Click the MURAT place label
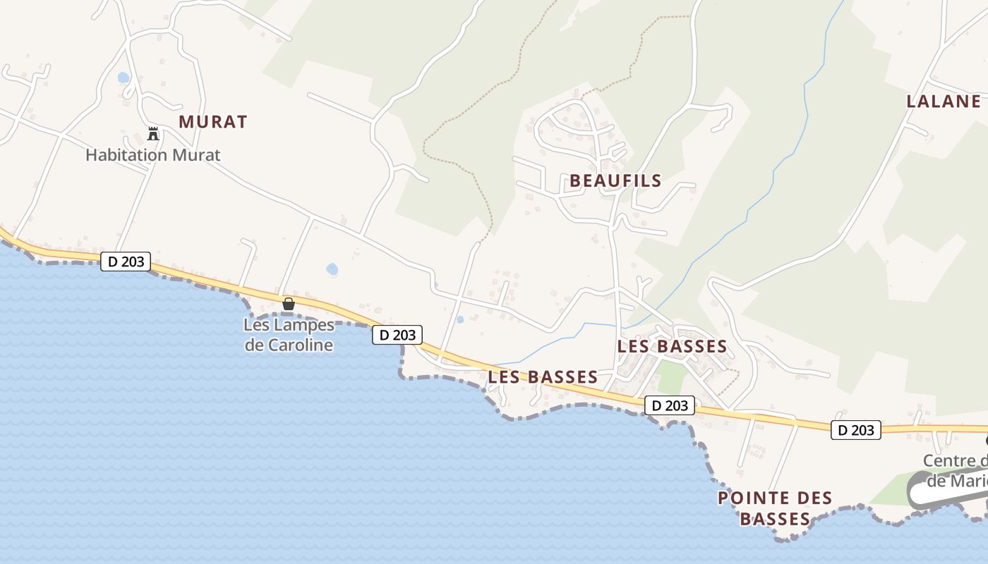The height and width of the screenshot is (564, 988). coord(212,122)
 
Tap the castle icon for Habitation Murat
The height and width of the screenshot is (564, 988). coord(152,133)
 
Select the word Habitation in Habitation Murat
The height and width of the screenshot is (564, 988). coord(126,155)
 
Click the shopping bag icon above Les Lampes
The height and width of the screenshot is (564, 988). coord(288,304)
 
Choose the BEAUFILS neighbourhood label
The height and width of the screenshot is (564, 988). coord(615,181)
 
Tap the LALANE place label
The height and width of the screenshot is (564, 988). coord(944,102)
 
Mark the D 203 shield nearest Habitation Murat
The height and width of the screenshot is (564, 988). coord(126,262)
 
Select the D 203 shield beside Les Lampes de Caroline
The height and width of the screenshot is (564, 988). coord(397,335)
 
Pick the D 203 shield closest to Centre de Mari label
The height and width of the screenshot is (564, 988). coord(856,430)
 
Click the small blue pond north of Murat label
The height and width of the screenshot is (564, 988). coord(123,77)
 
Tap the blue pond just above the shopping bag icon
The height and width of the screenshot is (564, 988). coord(332,269)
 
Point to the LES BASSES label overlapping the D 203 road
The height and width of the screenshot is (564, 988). coord(543,377)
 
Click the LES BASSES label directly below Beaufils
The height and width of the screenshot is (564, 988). coord(672,347)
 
